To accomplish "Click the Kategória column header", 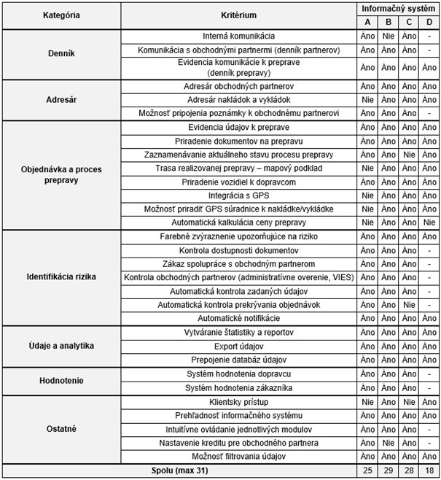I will [61, 15].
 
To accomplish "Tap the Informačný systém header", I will [399, 8].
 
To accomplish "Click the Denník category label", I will [61, 53].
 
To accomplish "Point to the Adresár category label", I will [61, 100].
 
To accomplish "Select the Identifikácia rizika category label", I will [61, 277].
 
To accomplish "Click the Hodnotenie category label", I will [61, 381].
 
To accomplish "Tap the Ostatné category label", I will [61, 428].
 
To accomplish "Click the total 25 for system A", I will [367, 471].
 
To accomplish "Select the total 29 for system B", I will [389, 471].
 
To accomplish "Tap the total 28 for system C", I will [410, 471].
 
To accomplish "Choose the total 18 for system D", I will [430, 471].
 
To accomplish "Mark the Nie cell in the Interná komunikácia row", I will [389, 36].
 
